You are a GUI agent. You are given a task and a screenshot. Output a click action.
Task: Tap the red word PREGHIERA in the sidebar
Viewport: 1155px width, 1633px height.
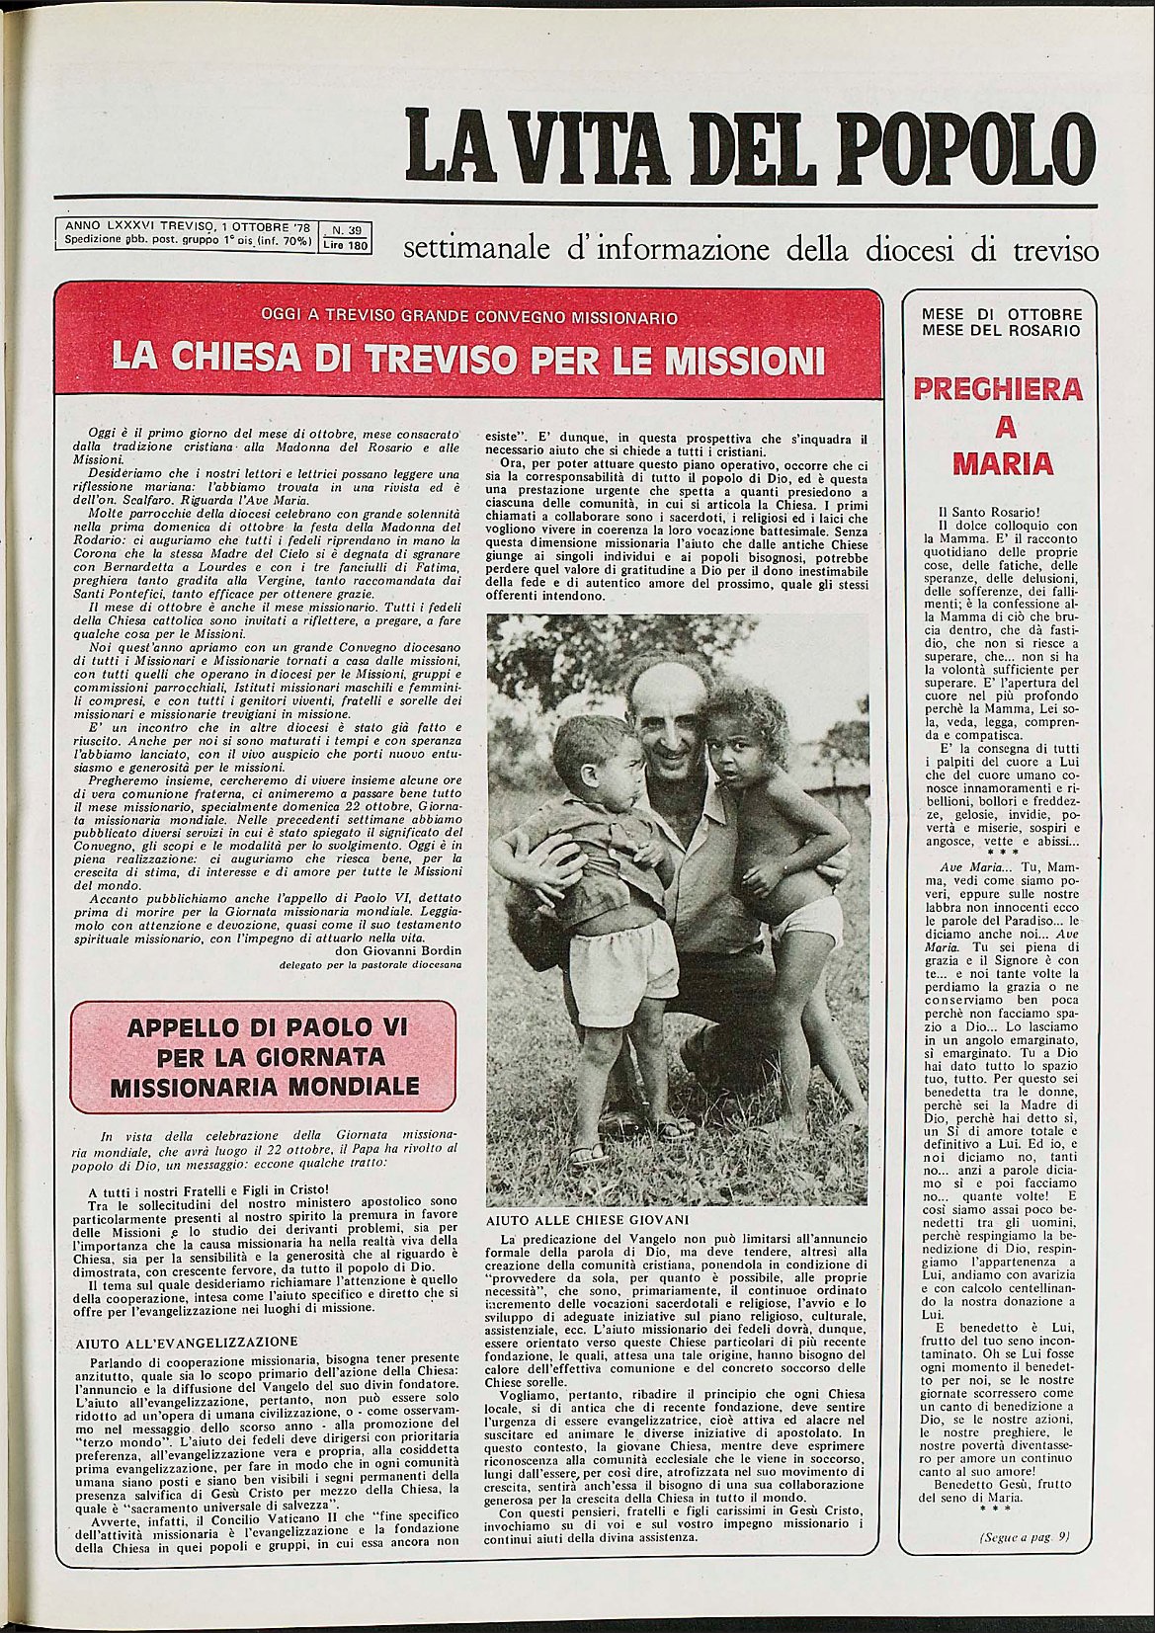coord(997,389)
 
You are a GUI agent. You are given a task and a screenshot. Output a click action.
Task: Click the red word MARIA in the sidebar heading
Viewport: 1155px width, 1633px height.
coord(997,464)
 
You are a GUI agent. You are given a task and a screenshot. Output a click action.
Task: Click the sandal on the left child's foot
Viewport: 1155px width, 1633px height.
coord(587,1153)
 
